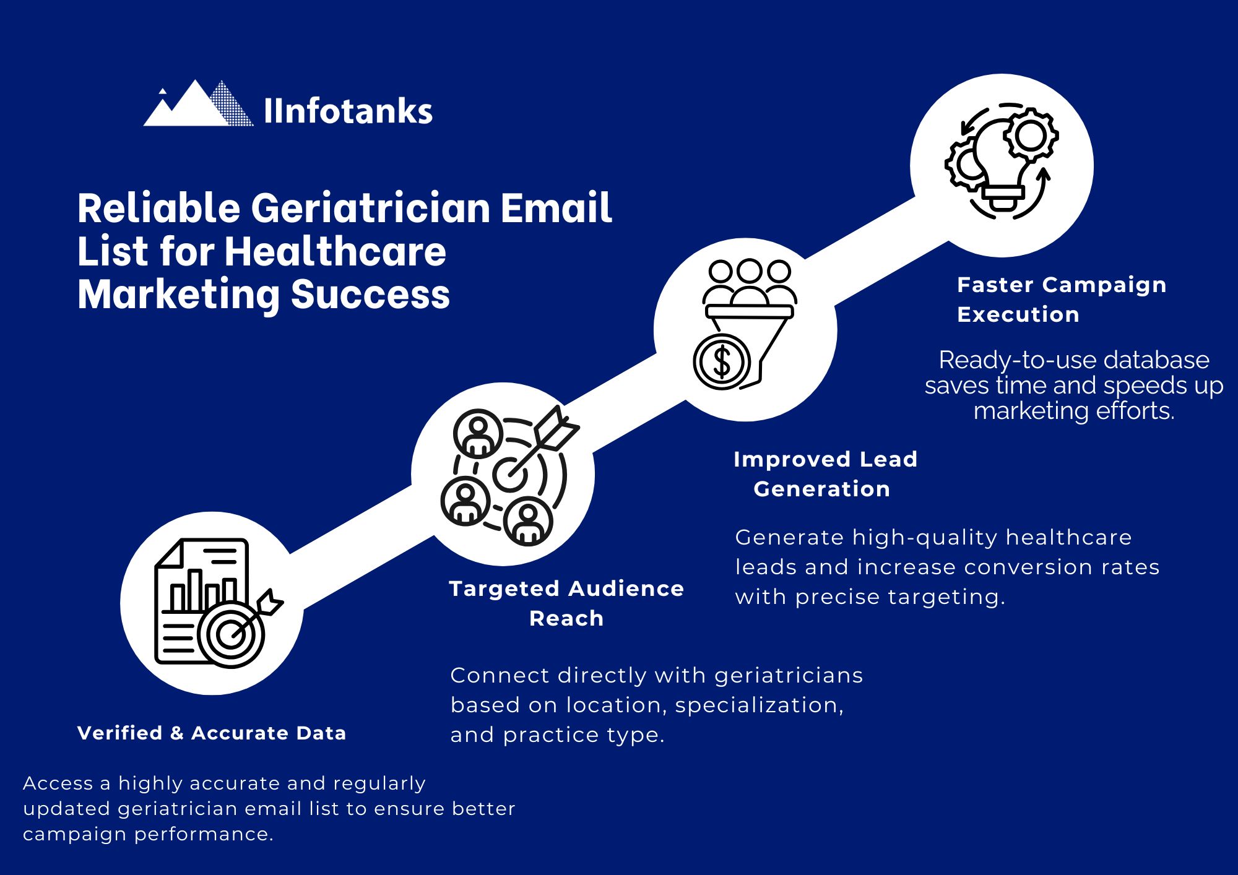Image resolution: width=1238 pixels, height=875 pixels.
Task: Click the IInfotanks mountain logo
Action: tap(198, 105)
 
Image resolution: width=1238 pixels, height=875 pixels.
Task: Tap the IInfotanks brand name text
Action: tap(348, 111)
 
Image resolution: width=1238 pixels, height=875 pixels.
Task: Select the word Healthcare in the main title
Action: tap(335, 252)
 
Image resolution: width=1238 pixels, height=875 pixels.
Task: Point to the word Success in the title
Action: tap(370, 295)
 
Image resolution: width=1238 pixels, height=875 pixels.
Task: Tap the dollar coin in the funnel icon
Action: tap(722, 361)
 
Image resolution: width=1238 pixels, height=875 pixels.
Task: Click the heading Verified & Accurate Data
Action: tap(212, 733)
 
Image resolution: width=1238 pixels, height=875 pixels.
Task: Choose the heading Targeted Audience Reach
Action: tap(566, 603)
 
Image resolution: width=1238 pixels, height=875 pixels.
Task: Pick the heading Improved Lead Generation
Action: tap(825, 474)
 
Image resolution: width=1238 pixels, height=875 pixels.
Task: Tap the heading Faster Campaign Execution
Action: tap(1061, 300)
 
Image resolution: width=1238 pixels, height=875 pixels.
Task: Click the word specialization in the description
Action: tap(758, 705)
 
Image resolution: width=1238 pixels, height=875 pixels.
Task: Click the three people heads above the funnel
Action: tap(750, 272)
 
